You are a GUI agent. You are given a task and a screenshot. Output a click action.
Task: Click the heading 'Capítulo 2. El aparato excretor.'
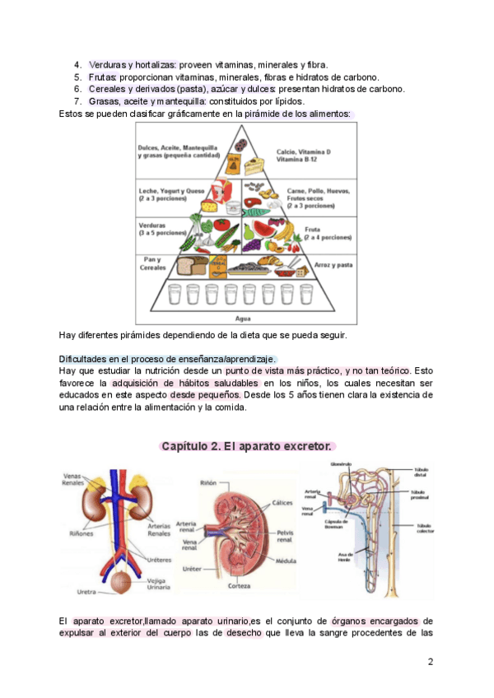click(247, 446)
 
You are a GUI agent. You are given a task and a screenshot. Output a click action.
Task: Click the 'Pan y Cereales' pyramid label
click(153, 263)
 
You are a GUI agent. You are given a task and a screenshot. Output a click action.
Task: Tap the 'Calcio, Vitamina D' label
click(304, 152)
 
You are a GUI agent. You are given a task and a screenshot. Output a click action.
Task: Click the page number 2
click(431, 663)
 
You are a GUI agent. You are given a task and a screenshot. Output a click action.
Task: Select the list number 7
click(77, 100)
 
